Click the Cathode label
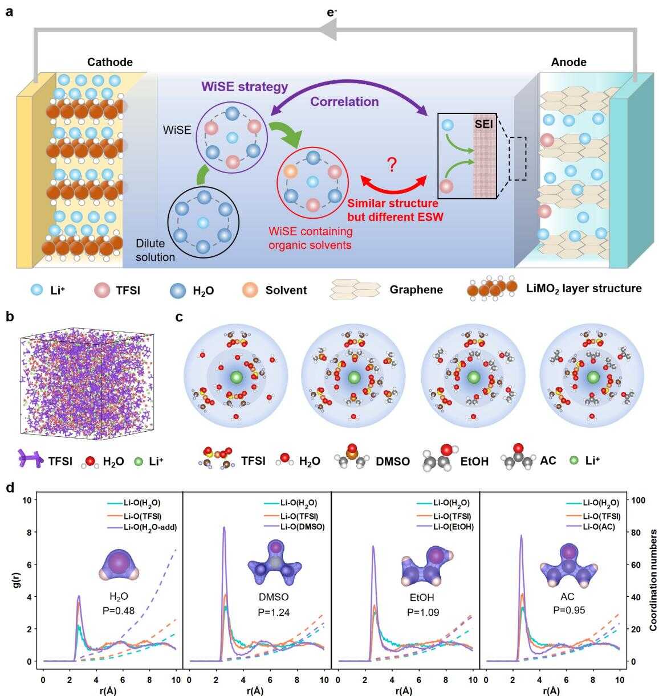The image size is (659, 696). click(110, 62)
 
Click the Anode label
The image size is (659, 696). click(568, 62)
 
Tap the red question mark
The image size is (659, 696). click(392, 165)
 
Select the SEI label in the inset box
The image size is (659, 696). click(484, 124)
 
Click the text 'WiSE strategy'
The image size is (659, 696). click(245, 87)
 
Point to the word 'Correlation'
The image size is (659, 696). click(344, 102)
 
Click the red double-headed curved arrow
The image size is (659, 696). click(393, 187)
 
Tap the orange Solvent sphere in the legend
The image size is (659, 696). click(251, 290)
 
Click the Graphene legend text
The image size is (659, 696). click(416, 289)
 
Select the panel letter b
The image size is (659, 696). click(10, 317)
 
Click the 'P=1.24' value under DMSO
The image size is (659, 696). click(274, 612)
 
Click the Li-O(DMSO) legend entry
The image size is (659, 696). click(294, 526)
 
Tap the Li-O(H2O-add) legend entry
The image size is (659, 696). click(142, 527)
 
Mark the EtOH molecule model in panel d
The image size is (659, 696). click(427, 566)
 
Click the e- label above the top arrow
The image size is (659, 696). click(331, 13)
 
